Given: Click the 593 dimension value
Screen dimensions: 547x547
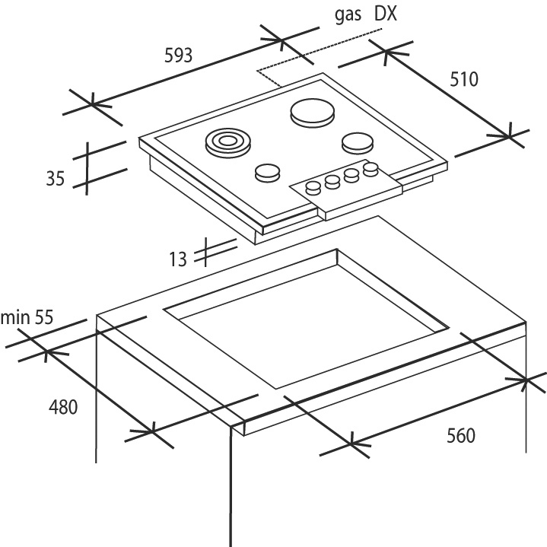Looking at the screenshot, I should (x=177, y=55).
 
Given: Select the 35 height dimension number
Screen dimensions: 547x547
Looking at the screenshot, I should (x=55, y=180).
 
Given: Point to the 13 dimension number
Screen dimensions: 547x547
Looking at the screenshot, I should (x=178, y=259).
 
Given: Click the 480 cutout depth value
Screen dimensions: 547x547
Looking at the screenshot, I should (x=63, y=407).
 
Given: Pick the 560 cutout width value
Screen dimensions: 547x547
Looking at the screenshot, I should (x=460, y=435).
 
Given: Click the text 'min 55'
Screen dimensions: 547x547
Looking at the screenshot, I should (x=27, y=317).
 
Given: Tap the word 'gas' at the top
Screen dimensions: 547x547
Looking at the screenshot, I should (x=346, y=15).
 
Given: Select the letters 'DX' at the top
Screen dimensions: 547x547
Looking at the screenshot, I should (x=386, y=15).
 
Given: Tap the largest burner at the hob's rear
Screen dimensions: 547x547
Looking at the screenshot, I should (x=311, y=113).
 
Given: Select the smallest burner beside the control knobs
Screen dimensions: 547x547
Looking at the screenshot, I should (x=266, y=173).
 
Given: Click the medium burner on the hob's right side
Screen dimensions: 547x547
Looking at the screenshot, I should (x=357, y=142).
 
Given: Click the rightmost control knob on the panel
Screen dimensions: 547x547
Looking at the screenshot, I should (x=370, y=168).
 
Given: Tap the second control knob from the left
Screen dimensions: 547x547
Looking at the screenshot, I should (x=332, y=181).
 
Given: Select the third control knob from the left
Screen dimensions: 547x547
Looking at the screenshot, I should (x=351, y=174).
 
